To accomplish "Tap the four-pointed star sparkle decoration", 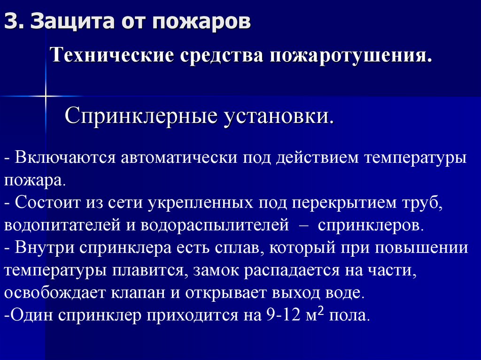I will point(46,96).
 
